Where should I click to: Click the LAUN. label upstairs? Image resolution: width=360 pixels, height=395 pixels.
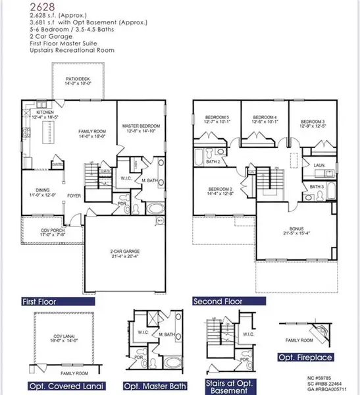tap(319, 166)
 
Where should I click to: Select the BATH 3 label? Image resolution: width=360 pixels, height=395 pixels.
tap(317, 187)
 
